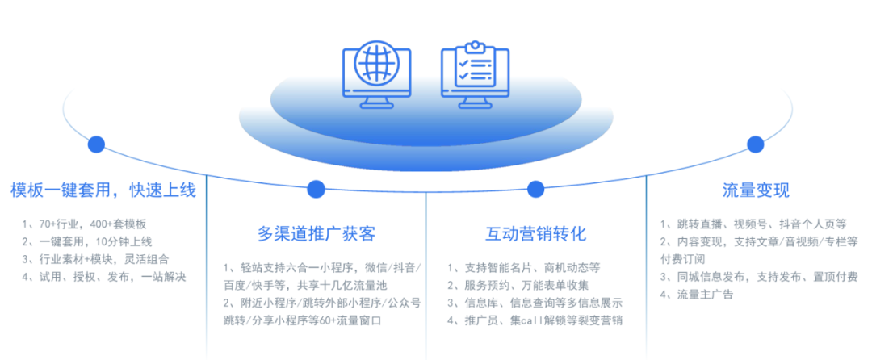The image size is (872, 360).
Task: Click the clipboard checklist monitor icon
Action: [x=475, y=75]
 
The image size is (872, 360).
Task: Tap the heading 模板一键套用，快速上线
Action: [x=103, y=190]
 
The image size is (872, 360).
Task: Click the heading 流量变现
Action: [x=756, y=190]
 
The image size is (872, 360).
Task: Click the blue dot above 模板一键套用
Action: [x=96, y=144]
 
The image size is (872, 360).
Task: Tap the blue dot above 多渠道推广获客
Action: [x=316, y=189]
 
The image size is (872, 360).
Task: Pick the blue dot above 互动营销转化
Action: [x=535, y=189]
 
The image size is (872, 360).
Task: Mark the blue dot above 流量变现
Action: [x=755, y=144]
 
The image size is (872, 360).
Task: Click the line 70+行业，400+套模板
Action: [x=85, y=224]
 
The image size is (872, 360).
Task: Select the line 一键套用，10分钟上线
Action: [x=87, y=241]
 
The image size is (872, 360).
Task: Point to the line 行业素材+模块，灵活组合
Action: [x=95, y=259]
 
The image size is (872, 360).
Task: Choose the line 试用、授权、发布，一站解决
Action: [x=104, y=276]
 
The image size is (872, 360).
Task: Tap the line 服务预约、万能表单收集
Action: [x=518, y=286]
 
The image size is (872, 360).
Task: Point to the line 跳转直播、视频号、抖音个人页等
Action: [x=753, y=224]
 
